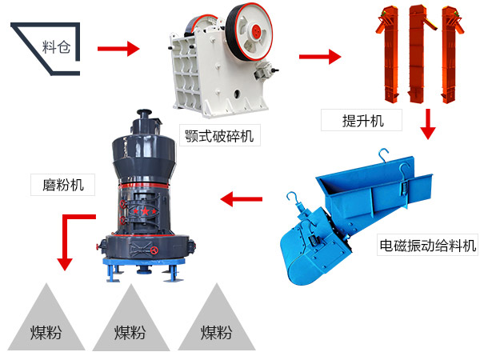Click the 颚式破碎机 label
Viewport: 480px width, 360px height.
tap(218, 136)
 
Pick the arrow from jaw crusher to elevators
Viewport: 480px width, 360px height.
tap(319, 57)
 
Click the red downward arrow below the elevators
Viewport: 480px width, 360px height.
tap(428, 124)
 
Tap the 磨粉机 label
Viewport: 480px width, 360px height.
tap(62, 186)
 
